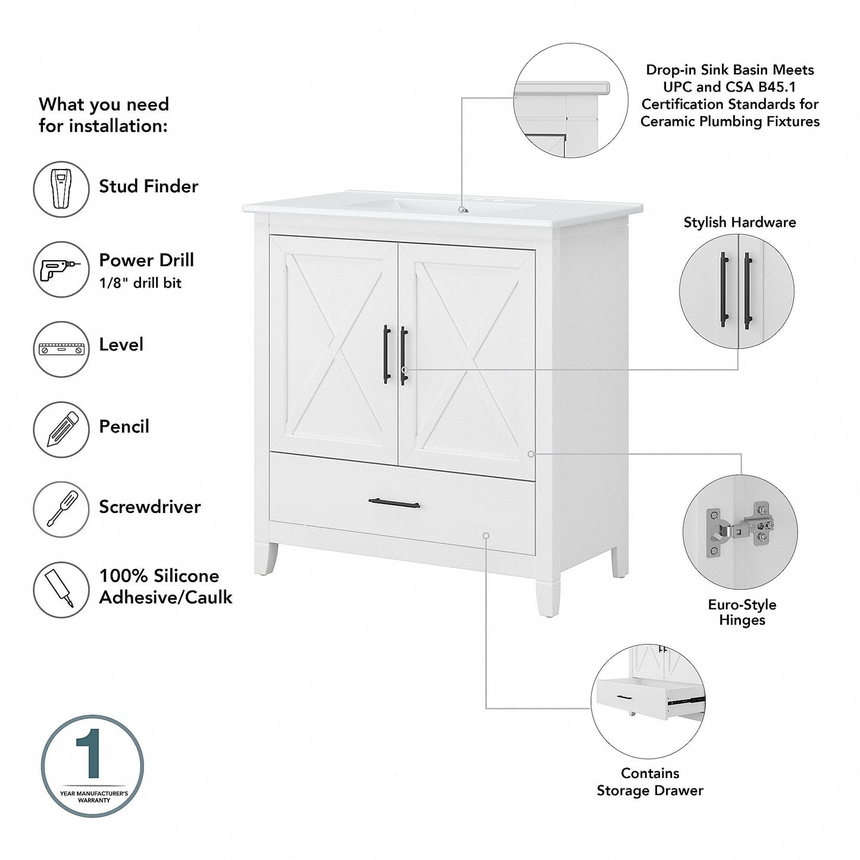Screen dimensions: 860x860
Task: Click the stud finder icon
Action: click(x=61, y=189)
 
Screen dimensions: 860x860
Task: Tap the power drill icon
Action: click(x=61, y=269)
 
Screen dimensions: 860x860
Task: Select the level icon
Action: click(x=61, y=349)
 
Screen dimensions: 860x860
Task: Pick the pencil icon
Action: click(x=61, y=430)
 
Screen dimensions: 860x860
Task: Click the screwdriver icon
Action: click(x=61, y=510)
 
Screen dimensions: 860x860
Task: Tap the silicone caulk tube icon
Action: click(x=61, y=589)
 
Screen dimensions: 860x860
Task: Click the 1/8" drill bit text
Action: click(x=140, y=283)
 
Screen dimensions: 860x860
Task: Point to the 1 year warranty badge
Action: click(x=92, y=765)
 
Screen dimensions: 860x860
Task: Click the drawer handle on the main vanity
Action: click(x=394, y=504)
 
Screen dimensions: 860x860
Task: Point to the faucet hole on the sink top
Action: click(x=462, y=209)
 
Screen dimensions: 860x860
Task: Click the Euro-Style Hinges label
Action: click(x=742, y=612)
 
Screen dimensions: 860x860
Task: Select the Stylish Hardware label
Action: click(x=739, y=223)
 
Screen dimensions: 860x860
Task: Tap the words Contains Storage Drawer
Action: click(x=649, y=781)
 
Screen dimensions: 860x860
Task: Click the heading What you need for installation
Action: click(x=104, y=115)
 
